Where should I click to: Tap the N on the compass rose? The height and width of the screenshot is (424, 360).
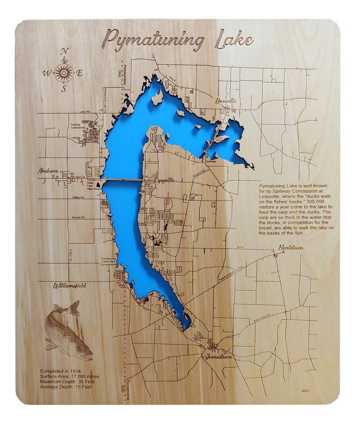[x=64, y=51]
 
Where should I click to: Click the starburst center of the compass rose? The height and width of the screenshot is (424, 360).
[x=64, y=73]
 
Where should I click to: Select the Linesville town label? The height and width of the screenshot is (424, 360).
[x=226, y=101]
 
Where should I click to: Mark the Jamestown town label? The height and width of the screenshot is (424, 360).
[x=219, y=356]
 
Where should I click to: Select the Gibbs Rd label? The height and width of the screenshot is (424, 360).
[x=78, y=197]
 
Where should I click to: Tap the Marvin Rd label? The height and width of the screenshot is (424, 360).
[x=79, y=216]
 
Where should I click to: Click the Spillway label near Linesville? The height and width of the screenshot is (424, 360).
[x=212, y=161]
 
